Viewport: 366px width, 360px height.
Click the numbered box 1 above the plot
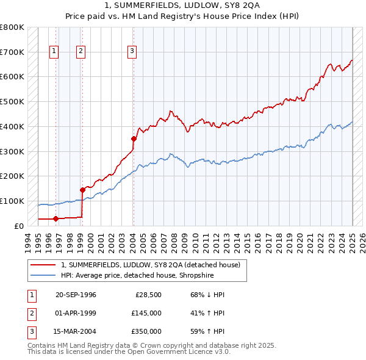click(x=55, y=52)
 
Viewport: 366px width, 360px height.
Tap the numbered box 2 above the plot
click(x=81, y=52)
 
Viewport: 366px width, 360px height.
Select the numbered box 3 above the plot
click(x=132, y=52)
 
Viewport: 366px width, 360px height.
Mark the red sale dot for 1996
click(x=56, y=218)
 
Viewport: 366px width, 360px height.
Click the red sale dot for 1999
click(x=82, y=190)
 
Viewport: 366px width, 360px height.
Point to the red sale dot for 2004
click(x=134, y=139)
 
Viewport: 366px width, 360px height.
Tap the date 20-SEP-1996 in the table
click(x=76, y=295)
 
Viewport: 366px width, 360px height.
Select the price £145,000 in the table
click(x=146, y=313)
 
